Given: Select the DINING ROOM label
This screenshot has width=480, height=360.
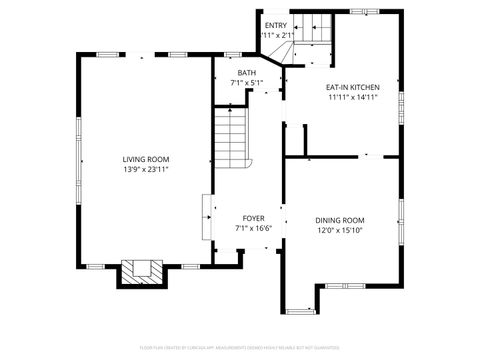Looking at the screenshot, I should [x=340, y=220].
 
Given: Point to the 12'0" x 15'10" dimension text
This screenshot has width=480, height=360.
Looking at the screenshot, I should [x=340, y=231].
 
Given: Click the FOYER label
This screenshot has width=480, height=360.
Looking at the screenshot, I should [x=253, y=218].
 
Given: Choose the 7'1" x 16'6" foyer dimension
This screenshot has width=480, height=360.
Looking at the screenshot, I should [x=253, y=229].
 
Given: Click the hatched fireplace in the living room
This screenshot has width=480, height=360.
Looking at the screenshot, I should [x=139, y=272].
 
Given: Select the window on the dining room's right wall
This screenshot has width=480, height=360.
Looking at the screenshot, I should [x=402, y=222].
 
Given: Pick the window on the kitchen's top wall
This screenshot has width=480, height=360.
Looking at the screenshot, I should [x=362, y=12].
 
